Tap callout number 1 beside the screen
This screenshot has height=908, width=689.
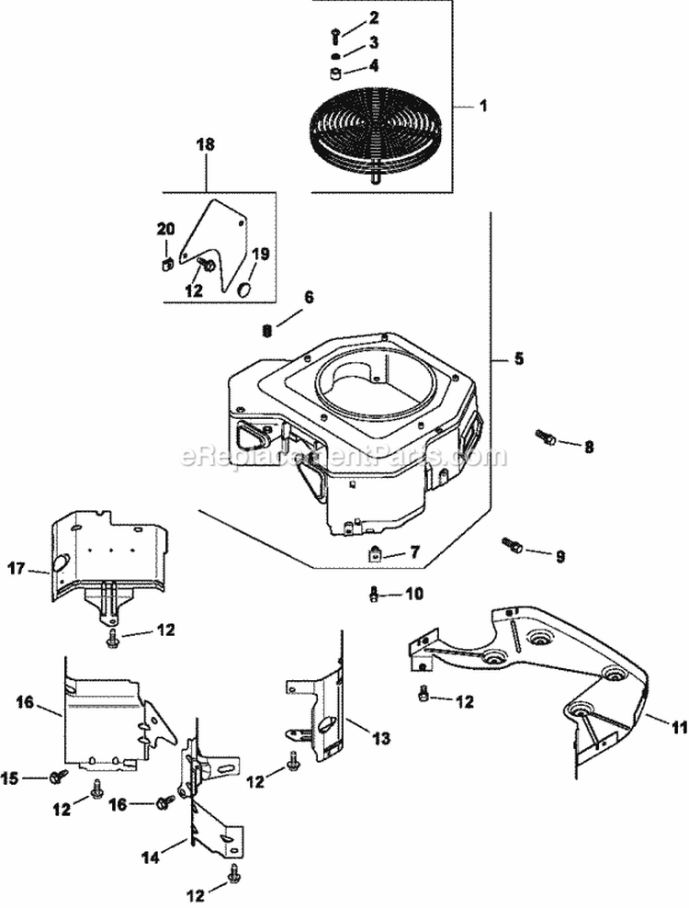point(483,107)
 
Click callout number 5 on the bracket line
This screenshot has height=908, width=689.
point(519,358)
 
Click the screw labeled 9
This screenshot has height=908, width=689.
point(512,546)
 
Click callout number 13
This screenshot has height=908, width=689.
point(355,736)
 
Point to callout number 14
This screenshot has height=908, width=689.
point(151,857)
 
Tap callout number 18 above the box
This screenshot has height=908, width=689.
point(207,144)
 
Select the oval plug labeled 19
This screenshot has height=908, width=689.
point(245,289)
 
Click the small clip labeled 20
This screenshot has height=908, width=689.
point(166,267)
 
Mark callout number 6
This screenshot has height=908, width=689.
point(309,297)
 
